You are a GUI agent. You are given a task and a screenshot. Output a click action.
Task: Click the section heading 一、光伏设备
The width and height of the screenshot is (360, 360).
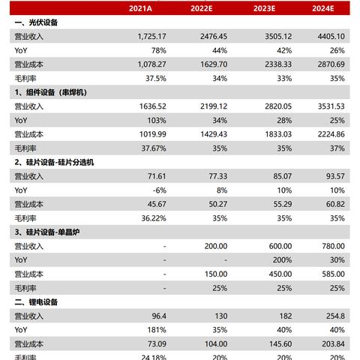tap(36, 22)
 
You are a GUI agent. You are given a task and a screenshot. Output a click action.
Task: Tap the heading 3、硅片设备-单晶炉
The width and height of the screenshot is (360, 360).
tap(49, 232)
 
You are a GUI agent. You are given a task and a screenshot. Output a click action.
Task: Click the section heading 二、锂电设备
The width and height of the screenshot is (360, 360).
tap(36, 301)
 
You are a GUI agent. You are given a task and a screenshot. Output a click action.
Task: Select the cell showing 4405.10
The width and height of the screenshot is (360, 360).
tap(329, 37)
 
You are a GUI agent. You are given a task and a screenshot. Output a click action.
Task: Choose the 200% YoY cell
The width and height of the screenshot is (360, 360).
tap(275, 259)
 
